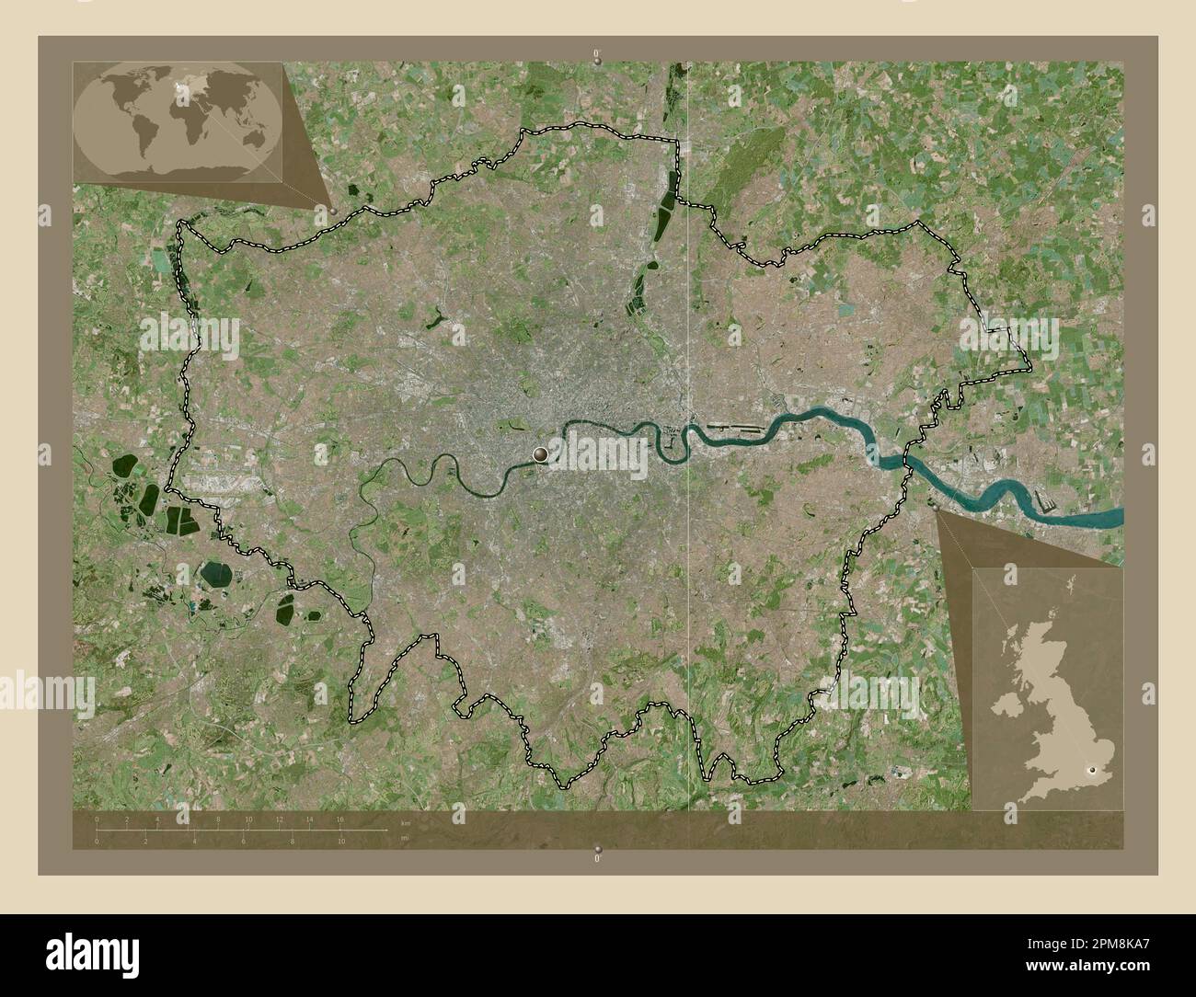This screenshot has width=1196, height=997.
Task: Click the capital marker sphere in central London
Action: click(540, 453)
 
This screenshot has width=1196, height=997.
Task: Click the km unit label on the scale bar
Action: click(405, 821)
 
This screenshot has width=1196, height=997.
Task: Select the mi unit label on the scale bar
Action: click(405, 838)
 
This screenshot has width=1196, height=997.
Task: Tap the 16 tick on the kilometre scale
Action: click(339, 819)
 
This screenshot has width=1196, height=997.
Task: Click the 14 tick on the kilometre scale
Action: click(309, 819)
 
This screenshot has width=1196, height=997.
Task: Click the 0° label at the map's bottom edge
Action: click(598, 858)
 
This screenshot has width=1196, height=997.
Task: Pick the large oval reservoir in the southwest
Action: click(218, 575)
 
